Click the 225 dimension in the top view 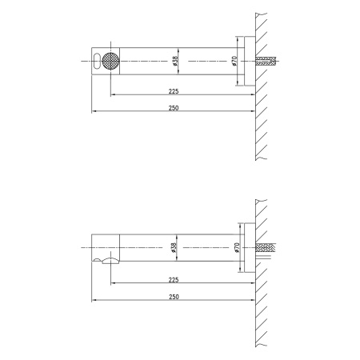174,91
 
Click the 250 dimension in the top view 174,108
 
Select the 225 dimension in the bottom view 174,280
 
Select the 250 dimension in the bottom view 174,297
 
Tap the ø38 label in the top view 175,61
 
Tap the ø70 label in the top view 234,61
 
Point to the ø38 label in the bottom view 174,248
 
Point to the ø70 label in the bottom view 238,248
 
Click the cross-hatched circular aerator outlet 110,61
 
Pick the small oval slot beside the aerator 97,61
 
